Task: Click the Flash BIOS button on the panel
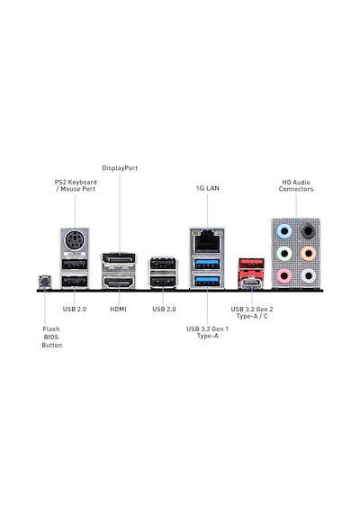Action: (45, 282)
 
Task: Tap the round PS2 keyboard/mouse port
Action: (75, 241)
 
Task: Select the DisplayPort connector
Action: (119, 259)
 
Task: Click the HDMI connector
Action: (119, 282)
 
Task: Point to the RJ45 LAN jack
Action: (207, 241)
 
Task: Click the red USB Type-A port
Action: (251, 264)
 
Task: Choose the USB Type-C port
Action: (251, 282)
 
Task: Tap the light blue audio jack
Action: (284, 231)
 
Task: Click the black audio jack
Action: (308, 231)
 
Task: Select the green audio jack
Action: (284, 253)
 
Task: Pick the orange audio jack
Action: (308, 253)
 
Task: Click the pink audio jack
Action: (284, 275)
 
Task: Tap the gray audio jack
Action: (308, 275)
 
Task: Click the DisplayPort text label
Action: (120, 168)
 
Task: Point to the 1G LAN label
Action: (208, 188)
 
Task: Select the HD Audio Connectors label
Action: (296, 185)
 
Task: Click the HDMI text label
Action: (118, 310)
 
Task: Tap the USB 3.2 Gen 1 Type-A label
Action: (208, 332)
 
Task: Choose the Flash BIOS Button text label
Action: (51, 337)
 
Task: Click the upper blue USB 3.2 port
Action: (207, 264)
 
